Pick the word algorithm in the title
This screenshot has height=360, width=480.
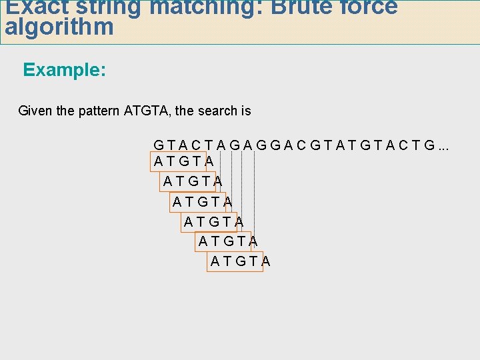pos(59,27)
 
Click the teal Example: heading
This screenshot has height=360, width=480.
pos(65,70)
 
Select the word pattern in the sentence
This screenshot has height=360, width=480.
pos(99,111)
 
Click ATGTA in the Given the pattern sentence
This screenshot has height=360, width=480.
pos(148,111)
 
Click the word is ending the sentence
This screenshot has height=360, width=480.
pos(246,111)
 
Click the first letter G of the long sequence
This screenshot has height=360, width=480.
pos(159,145)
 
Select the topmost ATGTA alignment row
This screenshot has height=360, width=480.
pos(183,161)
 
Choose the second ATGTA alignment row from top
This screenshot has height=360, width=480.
pos(193,181)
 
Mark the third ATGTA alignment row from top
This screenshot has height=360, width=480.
pos(202,201)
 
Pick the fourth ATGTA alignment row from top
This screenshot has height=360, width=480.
pos(213,221)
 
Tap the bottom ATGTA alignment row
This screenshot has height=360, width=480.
pos(240,261)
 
